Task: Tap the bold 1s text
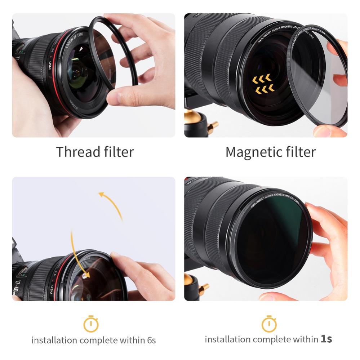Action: tap(326, 339)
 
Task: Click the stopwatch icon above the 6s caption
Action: tap(91, 324)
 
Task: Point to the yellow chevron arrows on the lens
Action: tap(263, 83)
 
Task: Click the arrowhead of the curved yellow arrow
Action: tap(101, 195)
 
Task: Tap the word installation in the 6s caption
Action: tap(54, 340)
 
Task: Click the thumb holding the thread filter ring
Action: tap(119, 97)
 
